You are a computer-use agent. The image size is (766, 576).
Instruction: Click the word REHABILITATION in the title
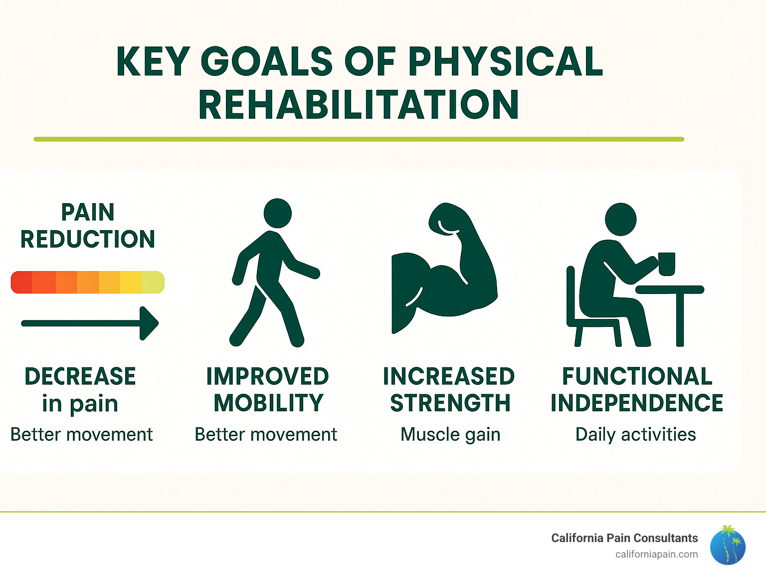(359, 105)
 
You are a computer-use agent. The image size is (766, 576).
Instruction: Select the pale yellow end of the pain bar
(154, 282)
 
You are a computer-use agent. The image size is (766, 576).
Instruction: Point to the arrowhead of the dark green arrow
(149, 323)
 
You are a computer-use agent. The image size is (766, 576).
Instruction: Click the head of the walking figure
(277, 213)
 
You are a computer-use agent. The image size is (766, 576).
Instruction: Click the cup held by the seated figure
(666, 264)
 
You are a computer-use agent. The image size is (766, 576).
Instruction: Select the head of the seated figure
(620, 219)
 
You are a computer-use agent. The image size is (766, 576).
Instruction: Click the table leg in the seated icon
(680, 319)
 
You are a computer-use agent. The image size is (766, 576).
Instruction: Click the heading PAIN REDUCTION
(88, 226)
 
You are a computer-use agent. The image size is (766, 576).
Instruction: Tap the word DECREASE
(80, 376)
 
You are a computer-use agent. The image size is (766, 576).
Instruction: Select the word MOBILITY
(268, 403)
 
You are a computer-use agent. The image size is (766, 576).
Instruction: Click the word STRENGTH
(450, 403)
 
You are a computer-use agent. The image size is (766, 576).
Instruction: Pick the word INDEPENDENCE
(636, 403)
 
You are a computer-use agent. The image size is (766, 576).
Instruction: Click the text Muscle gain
(450, 434)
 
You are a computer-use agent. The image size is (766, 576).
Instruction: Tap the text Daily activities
(635, 434)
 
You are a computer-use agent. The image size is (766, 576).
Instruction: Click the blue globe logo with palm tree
(728, 546)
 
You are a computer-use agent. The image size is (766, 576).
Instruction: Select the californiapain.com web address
(656, 554)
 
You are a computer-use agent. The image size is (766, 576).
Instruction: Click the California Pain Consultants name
(624, 538)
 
